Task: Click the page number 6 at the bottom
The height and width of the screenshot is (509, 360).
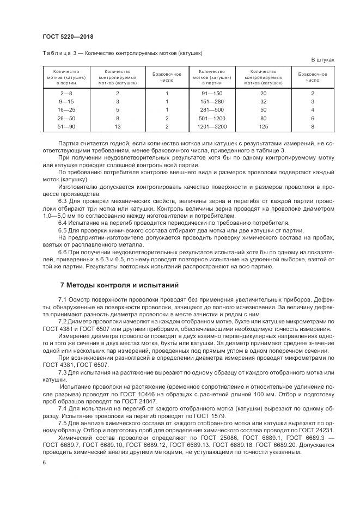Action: pos(44,462)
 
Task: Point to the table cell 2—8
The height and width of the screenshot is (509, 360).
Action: pos(67,93)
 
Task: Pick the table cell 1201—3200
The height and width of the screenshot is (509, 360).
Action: pos(212,126)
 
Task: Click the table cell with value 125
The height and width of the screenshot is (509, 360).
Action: pos(263,126)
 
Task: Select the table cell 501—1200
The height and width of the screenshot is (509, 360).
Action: pos(212,118)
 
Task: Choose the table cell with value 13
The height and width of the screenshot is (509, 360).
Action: pos(117,126)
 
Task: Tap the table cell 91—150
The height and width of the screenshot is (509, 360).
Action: pos(212,93)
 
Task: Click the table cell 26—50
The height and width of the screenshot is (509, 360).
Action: pos(67,118)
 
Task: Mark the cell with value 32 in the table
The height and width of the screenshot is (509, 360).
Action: pos(263,101)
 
